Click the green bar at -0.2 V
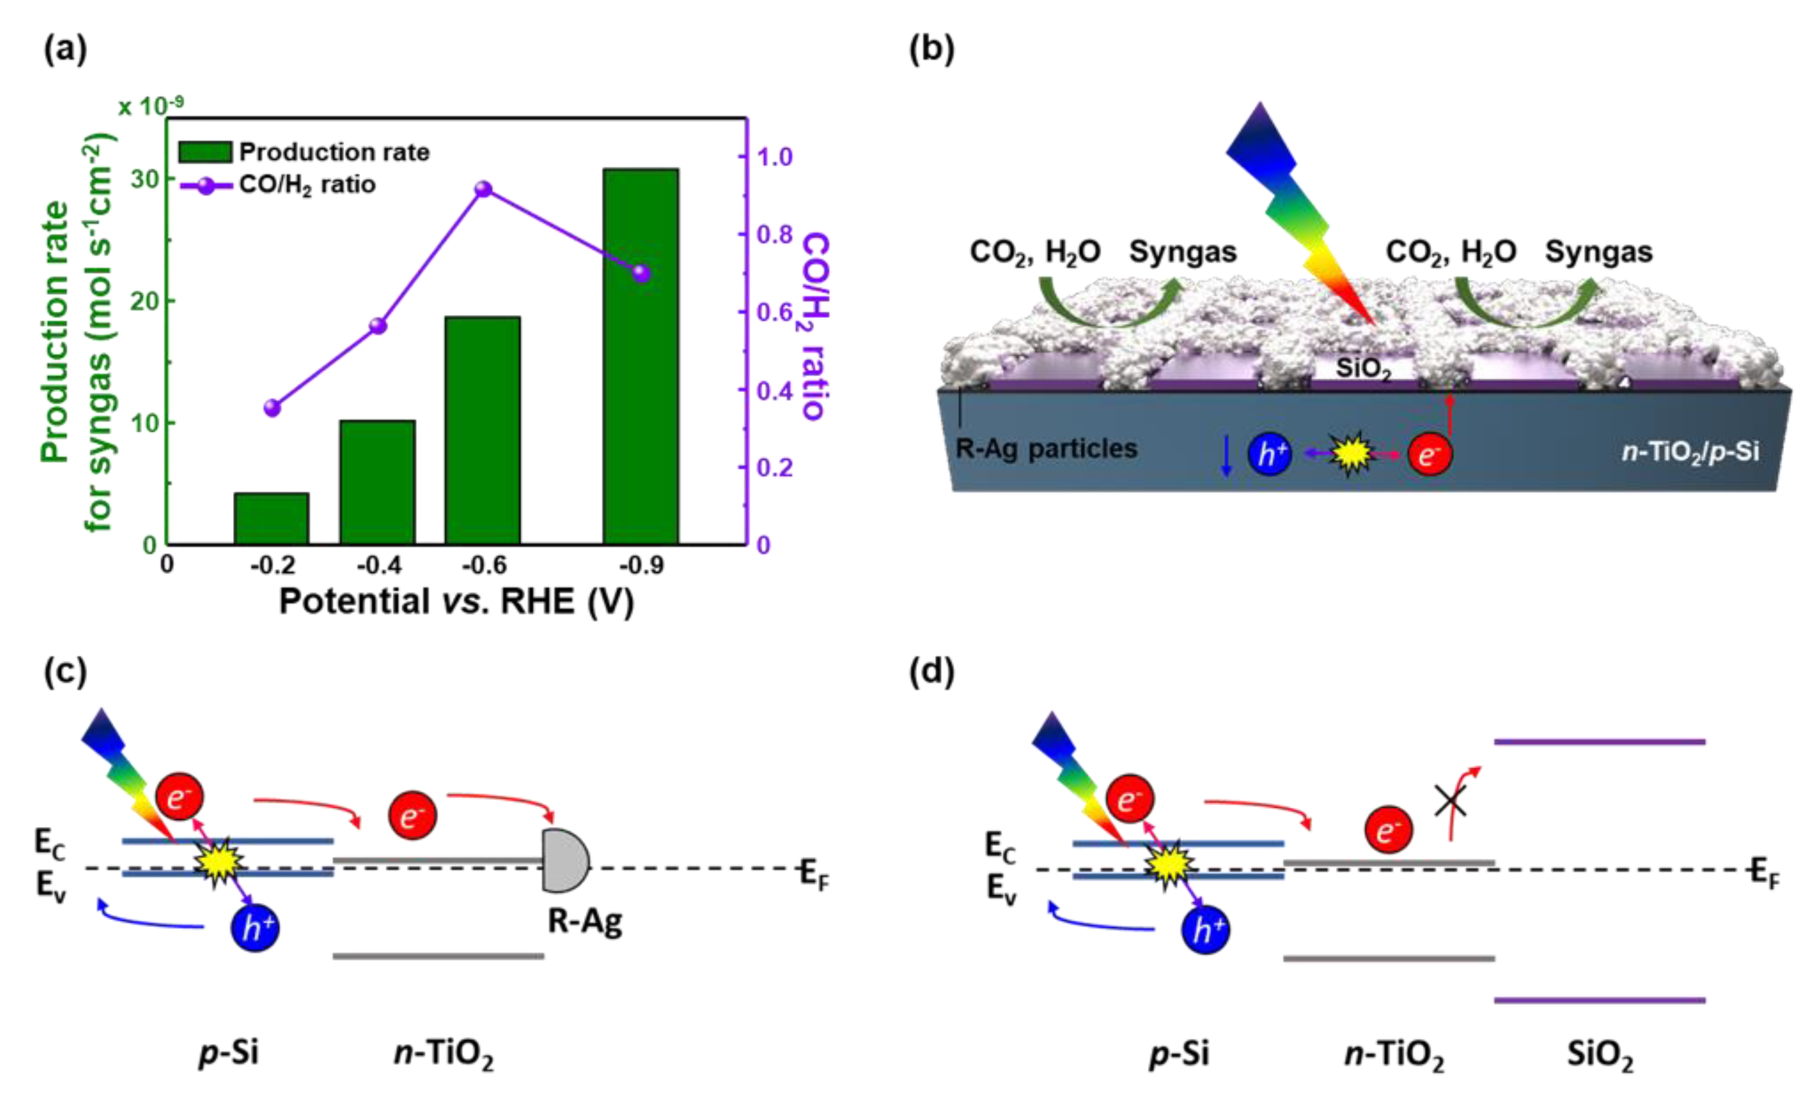click(x=271, y=518)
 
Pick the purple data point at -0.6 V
click(x=483, y=189)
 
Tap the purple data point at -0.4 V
click(x=378, y=326)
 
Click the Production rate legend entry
click(x=304, y=152)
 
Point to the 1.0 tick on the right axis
click(x=774, y=157)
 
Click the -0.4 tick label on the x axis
click(x=378, y=566)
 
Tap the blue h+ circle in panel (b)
click(x=1269, y=454)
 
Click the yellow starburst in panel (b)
click(x=1351, y=454)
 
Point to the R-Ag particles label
click(x=1046, y=448)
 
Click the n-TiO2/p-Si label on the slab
click(x=1689, y=452)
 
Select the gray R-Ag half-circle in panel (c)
click(x=565, y=860)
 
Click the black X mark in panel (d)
click(x=1450, y=801)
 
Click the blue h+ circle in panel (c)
click(x=254, y=928)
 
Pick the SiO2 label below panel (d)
click(x=1600, y=1056)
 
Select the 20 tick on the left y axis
click(x=145, y=301)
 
